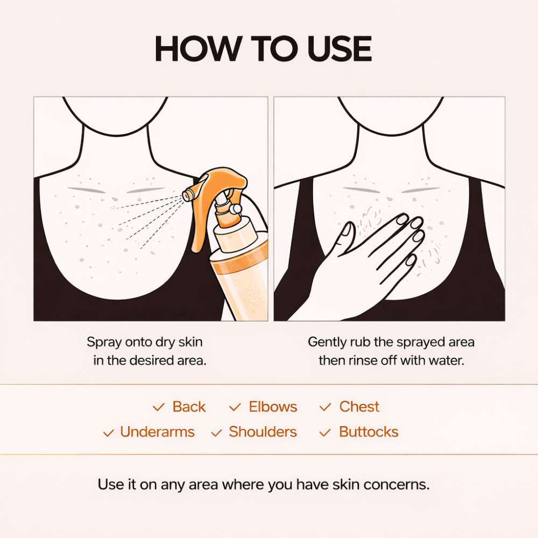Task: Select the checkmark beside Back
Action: point(158,408)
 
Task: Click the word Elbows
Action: point(273,407)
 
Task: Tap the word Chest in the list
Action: point(359,407)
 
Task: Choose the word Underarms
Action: point(157,432)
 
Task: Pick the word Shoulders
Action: point(263,432)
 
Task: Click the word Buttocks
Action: point(369,432)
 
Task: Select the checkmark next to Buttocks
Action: point(325,433)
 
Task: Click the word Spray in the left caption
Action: point(103,342)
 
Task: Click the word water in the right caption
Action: point(446,360)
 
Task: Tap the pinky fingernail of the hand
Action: point(411,259)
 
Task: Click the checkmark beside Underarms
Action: point(108,433)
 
